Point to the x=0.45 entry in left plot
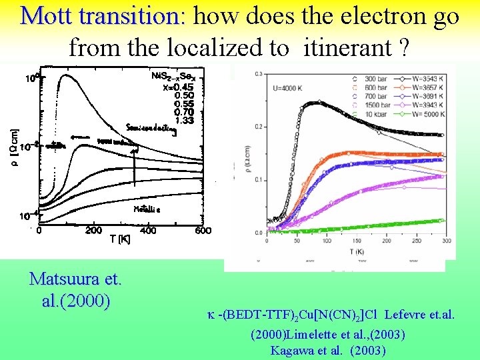pyautogui.click(x=179, y=85)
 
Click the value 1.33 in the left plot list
pyautogui.click(x=184, y=121)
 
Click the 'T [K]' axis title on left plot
pyautogui.click(x=120, y=239)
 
